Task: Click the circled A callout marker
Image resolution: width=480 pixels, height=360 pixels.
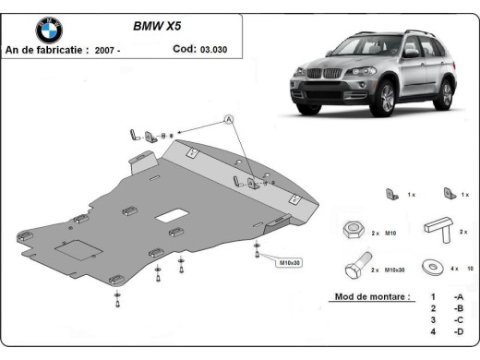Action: tap(228, 120)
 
